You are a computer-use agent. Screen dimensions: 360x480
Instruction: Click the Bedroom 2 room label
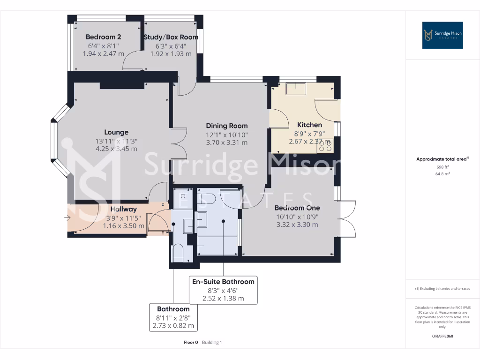click(x=104, y=37)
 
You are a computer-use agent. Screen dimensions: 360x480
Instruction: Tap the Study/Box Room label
click(x=171, y=37)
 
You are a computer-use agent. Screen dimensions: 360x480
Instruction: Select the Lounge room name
click(x=116, y=132)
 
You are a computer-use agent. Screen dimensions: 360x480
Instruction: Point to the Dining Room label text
click(x=227, y=126)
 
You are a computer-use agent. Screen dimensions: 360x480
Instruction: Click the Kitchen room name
click(x=309, y=125)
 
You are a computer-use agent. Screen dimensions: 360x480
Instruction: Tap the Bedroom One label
click(x=297, y=208)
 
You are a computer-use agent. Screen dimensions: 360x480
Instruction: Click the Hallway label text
click(x=124, y=209)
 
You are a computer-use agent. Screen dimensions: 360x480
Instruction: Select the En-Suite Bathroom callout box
click(x=223, y=290)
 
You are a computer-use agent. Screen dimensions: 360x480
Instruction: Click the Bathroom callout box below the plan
click(x=173, y=317)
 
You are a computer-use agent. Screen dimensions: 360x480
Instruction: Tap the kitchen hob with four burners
click(x=325, y=147)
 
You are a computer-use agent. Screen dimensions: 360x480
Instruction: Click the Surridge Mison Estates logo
click(x=442, y=35)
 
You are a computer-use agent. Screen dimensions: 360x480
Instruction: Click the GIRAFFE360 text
click(x=442, y=336)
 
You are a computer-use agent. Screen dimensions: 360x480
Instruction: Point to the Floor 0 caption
click(x=191, y=342)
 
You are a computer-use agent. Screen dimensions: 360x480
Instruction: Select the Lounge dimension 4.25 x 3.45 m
click(x=116, y=149)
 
